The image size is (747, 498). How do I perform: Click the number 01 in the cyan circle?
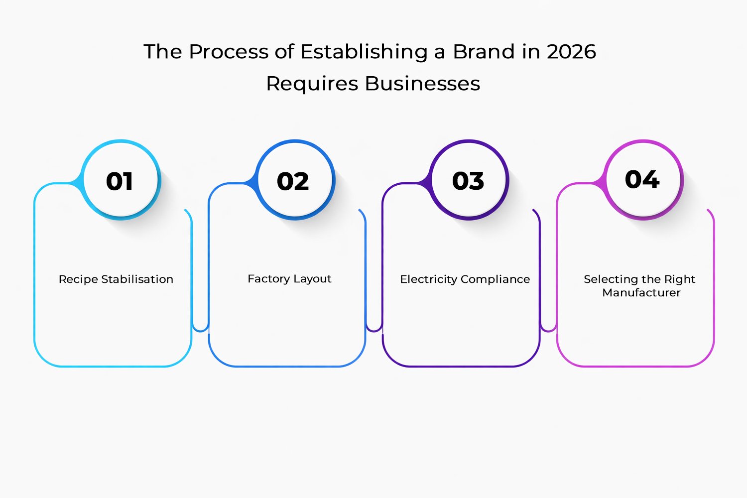120,181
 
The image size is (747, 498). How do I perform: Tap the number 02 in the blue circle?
293,181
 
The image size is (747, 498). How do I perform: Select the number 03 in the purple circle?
468,181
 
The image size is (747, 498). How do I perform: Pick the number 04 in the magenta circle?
642,179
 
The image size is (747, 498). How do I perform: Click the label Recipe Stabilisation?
116,279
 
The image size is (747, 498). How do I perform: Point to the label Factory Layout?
289,279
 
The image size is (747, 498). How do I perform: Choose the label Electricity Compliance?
465,279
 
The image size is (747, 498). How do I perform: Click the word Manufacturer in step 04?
641,293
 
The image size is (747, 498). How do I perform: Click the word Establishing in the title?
364,52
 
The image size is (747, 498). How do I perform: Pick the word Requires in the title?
312,84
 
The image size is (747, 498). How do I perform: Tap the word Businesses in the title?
423,84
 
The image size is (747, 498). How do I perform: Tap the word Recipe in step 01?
78,279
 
